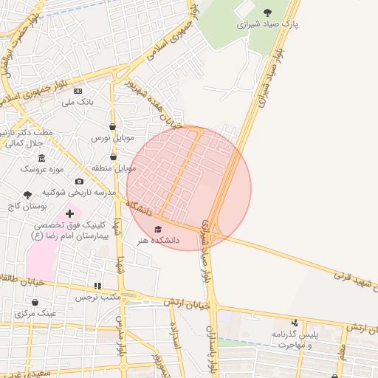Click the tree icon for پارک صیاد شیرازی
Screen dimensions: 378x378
coord(267,12)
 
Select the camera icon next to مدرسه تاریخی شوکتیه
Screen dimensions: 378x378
coord(80,181)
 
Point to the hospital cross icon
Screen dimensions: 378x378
coord(70,213)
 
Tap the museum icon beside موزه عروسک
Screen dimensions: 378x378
coord(41,158)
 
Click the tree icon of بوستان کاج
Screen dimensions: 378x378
coord(27,196)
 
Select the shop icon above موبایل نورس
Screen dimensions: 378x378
coord(112,126)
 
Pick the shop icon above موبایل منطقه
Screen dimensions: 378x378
coord(113,157)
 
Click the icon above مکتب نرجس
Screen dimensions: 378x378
coord(97,285)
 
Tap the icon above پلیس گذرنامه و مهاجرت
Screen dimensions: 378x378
coord(295,323)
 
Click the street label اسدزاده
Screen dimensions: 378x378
coord(175,336)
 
